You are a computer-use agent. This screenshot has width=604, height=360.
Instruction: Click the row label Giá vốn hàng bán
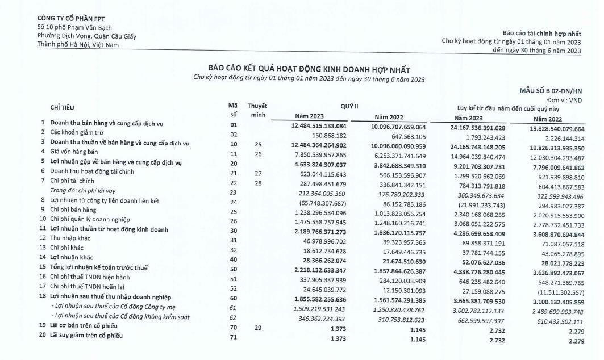(69, 152)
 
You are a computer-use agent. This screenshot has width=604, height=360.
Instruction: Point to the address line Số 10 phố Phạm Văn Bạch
(74, 27)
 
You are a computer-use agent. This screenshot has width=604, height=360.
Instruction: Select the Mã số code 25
(232, 210)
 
